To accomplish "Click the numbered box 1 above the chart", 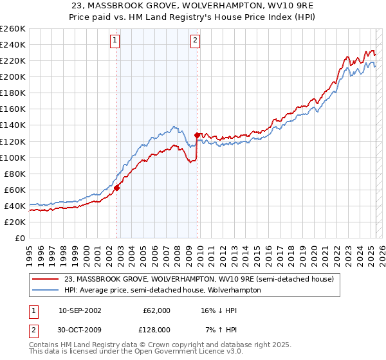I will (x=115, y=40).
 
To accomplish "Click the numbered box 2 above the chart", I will (x=194, y=40).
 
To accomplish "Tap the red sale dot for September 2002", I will (x=117, y=188).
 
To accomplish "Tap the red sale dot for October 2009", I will (x=197, y=135).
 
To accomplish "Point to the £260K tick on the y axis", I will (x=13, y=29).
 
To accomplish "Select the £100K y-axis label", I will (x=13, y=157).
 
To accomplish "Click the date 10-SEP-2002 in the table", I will (x=80, y=310).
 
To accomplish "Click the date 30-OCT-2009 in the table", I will (x=80, y=330).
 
